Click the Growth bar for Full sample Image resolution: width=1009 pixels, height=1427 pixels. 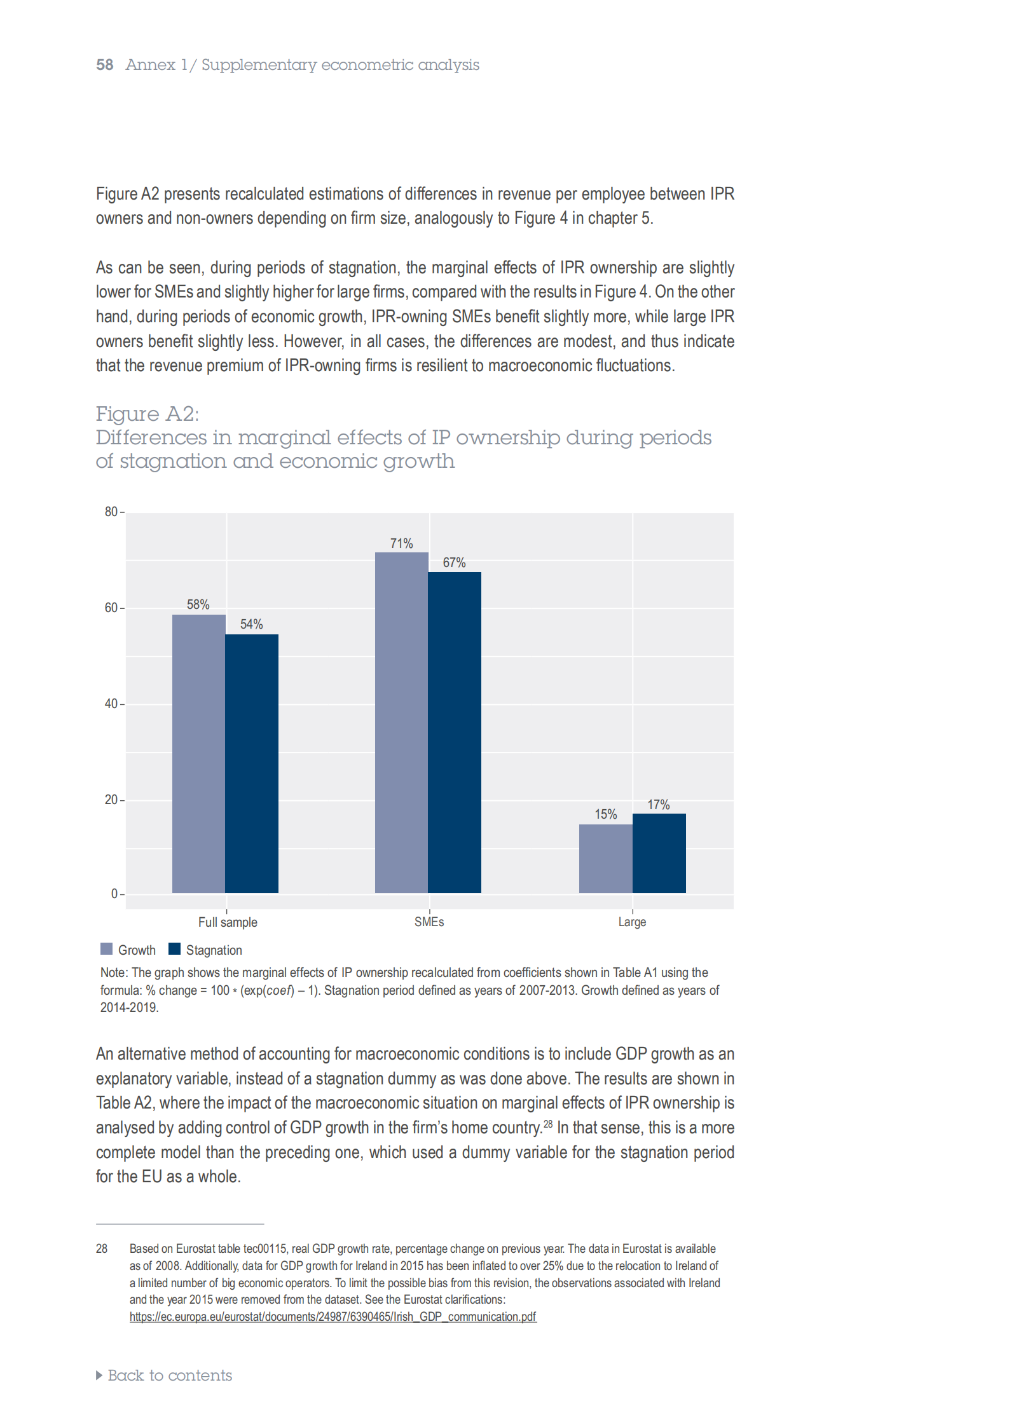[198, 753]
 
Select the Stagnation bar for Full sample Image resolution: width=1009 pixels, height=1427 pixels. [252, 763]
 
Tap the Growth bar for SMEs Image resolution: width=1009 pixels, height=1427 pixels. [401, 723]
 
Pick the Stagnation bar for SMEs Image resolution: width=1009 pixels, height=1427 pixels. [455, 732]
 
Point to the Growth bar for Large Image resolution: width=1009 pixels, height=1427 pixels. [606, 859]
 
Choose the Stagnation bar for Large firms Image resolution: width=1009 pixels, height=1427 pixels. [659, 853]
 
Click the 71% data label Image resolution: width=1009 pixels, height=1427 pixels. [402, 543]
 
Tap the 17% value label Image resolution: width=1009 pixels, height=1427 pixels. [659, 805]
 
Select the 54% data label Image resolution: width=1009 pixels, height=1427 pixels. [251, 624]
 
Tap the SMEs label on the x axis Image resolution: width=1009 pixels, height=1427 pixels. [429, 922]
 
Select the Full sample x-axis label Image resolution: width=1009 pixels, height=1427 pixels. [228, 922]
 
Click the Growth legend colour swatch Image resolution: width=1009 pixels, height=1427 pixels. [106, 949]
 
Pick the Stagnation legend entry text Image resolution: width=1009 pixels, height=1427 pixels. [214, 950]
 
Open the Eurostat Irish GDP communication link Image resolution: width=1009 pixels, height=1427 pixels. [333, 1316]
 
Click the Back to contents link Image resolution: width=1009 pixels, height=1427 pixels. [164, 1376]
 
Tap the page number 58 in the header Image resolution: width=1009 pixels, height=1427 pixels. [105, 65]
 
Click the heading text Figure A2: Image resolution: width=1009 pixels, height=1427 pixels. [148, 414]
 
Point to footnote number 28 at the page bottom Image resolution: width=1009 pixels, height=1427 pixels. [102, 1248]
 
